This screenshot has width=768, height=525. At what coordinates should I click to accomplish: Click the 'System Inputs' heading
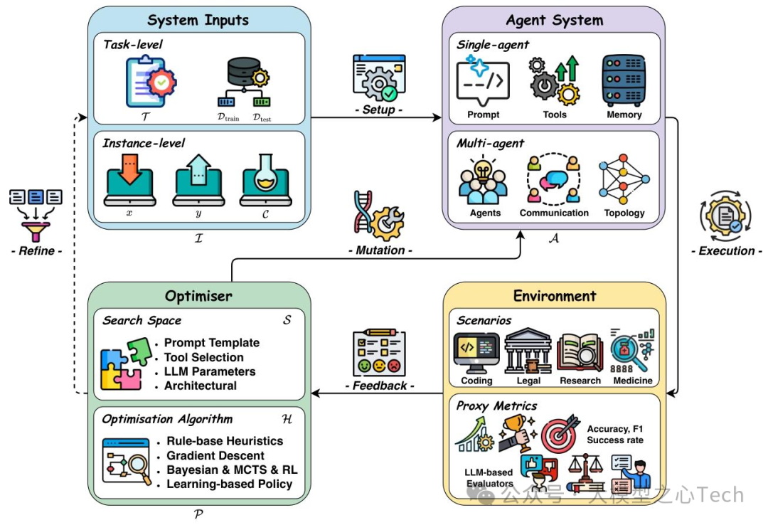(199, 19)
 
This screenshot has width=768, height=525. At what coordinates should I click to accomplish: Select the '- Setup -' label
(378, 110)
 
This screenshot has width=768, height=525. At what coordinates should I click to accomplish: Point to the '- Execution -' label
(727, 250)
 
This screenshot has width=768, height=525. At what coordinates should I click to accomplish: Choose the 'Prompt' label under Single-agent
(484, 115)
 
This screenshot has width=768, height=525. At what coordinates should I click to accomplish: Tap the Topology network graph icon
(624, 178)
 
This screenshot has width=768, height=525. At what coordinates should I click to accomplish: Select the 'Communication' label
(554, 213)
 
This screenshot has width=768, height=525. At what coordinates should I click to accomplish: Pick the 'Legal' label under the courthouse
(528, 381)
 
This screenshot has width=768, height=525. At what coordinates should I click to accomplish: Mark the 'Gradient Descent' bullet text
(215, 455)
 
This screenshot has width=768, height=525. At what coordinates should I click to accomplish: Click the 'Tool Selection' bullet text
(203, 357)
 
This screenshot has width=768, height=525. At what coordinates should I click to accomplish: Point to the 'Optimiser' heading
(198, 295)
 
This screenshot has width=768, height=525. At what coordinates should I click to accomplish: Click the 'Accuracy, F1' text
(615, 429)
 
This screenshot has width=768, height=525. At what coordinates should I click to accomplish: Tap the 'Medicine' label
(632, 381)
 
